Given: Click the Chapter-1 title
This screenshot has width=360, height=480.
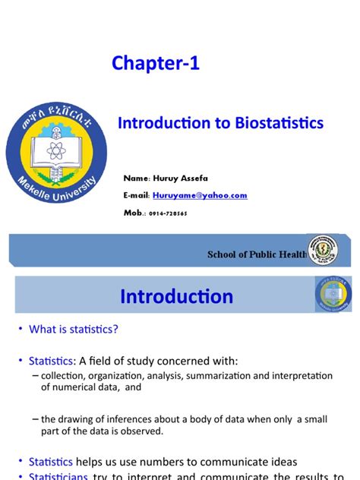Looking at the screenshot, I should click(156, 64).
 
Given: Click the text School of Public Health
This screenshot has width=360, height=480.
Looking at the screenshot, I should click(257, 254).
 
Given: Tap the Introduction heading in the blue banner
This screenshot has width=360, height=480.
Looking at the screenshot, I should click(176, 295).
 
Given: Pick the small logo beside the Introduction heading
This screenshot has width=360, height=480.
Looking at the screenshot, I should click(333, 295).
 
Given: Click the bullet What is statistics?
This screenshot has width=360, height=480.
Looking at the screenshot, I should click(74, 329).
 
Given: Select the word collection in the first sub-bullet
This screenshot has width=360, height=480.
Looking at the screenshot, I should click(65, 375).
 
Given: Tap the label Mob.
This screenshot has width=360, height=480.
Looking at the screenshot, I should click(134, 213).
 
